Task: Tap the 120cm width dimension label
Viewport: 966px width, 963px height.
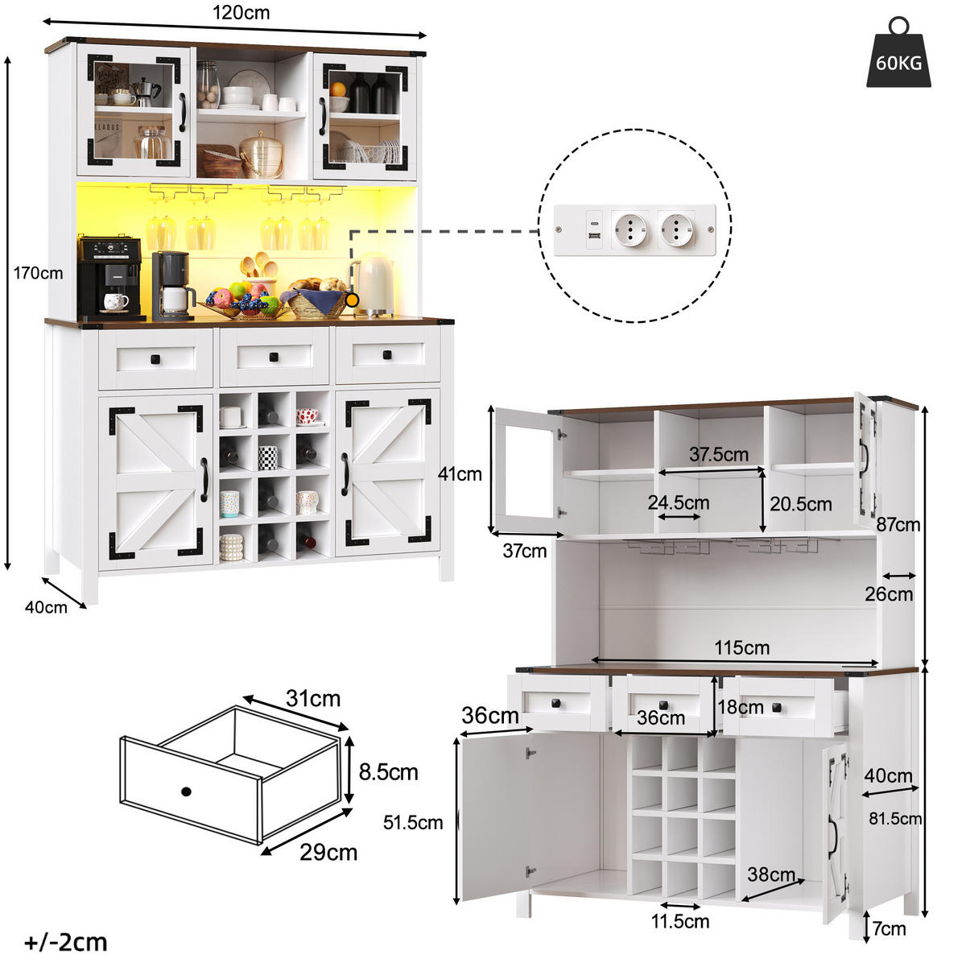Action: pyautogui.click(x=242, y=13)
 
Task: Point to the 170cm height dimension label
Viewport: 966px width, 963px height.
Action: pyautogui.click(x=38, y=273)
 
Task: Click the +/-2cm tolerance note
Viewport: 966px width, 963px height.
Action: pyautogui.click(x=66, y=942)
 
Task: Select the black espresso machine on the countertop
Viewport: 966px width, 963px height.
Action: pyautogui.click(x=109, y=279)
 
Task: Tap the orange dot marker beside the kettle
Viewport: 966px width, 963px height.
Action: pyautogui.click(x=353, y=300)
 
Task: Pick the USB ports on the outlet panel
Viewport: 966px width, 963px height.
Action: pyautogui.click(x=595, y=229)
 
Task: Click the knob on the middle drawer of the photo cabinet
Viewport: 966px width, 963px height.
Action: pyautogui.click(x=274, y=357)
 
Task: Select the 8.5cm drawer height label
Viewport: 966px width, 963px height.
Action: pyautogui.click(x=389, y=772)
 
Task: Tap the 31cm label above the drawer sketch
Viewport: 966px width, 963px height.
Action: pyautogui.click(x=313, y=698)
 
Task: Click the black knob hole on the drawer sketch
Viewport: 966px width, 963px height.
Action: pyautogui.click(x=187, y=792)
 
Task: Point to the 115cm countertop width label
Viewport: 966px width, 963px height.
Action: pyautogui.click(x=742, y=648)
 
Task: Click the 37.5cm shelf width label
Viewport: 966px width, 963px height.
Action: pyautogui.click(x=718, y=454)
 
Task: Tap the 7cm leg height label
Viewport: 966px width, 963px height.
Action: pyautogui.click(x=890, y=929)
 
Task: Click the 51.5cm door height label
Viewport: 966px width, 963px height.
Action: pyautogui.click(x=413, y=823)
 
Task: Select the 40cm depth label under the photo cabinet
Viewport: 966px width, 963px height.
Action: pyautogui.click(x=46, y=607)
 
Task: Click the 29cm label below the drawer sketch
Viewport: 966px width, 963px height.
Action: pyautogui.click(x=328, y=853)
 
